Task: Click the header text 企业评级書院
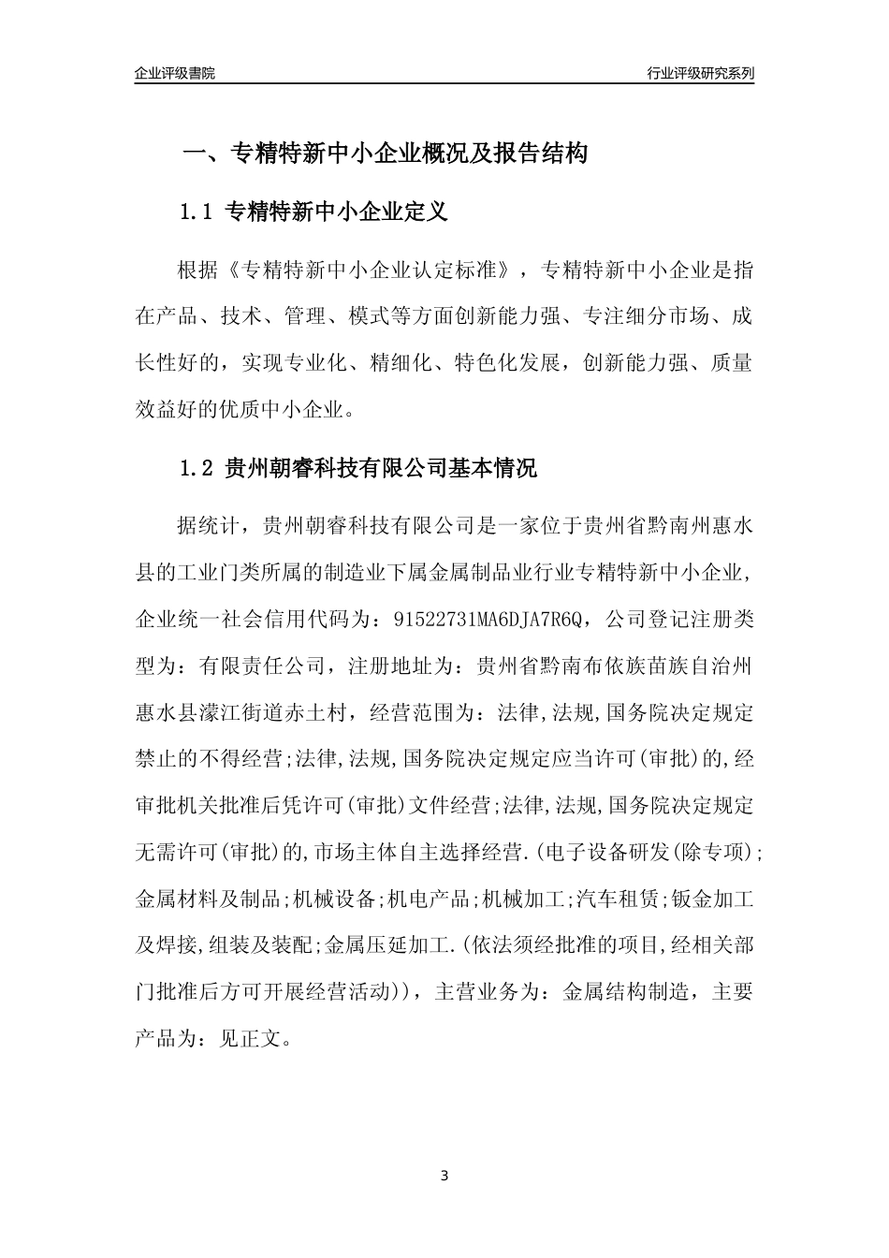click(175, 73)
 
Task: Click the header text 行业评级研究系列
click(700, 73)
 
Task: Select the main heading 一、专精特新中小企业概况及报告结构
click(384, 154)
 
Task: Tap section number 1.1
click(197, 212)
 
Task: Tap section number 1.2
click(197, 468)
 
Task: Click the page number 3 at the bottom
click(444, 1176)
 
